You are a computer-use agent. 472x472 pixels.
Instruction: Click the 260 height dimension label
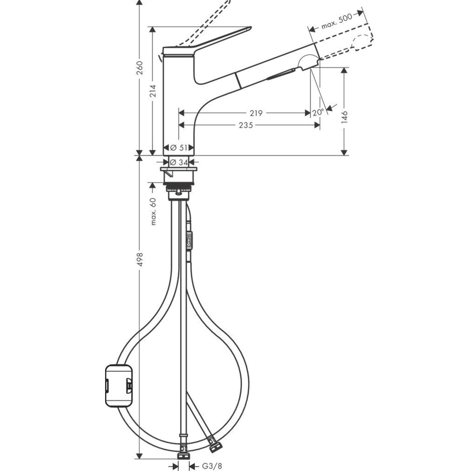139,68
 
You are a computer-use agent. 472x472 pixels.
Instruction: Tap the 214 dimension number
153,90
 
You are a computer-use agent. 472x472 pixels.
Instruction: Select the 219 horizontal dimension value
256,113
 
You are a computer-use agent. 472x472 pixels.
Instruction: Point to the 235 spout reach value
246,125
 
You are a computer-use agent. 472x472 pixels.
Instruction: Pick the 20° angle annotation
318,112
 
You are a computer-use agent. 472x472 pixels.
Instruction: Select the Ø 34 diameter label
179,162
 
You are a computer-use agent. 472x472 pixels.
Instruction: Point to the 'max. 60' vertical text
153,211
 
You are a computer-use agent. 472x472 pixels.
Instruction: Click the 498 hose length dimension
140,259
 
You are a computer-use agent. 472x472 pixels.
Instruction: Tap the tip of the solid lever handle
251,27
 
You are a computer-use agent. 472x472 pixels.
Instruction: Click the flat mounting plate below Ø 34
178,169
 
